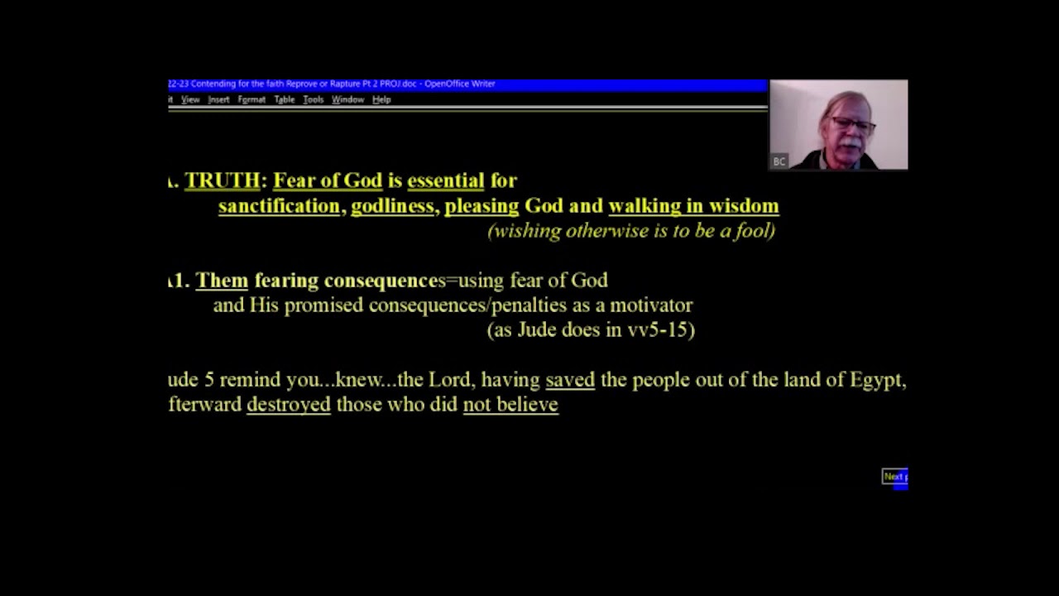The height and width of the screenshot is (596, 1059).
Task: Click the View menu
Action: pos(190,99)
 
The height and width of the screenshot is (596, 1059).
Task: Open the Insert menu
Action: pos(218,99)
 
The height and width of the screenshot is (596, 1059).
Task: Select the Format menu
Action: pos(252,99)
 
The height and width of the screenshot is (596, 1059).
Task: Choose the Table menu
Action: pos(285,99)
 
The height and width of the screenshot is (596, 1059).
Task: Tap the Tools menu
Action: pos(313,99)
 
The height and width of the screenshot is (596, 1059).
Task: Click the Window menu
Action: pos(347,99)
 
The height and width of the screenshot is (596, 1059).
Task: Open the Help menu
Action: pos(381,99)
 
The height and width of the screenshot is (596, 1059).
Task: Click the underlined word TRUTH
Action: pos(222,180)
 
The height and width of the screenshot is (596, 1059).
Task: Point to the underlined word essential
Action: pos(445,180)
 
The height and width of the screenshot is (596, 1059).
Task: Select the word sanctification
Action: pos(279,205)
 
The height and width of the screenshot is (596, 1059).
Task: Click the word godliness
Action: pos(392,205)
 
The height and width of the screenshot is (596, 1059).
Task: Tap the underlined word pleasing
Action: pos(482,205)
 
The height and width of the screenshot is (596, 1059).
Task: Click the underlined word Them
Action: pos(222,280)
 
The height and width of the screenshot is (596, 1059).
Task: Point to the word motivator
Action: pos(650,305)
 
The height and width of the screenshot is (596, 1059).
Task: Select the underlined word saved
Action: pos(570,379)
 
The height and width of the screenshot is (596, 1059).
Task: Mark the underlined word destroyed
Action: pos(289,404)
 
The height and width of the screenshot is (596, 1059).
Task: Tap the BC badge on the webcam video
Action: pos(779,161)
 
